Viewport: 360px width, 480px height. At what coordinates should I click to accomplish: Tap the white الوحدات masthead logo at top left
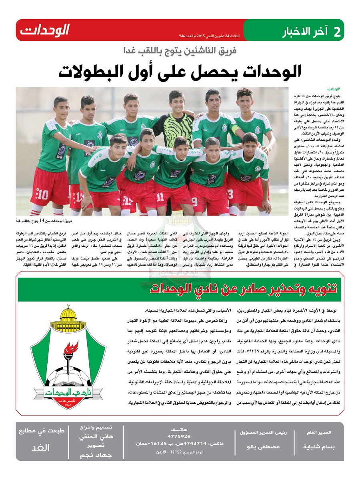[45, 30]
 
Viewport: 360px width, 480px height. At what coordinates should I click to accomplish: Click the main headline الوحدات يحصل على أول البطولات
[179, 71]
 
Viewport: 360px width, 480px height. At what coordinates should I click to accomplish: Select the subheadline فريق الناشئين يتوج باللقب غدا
[179, 51]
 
